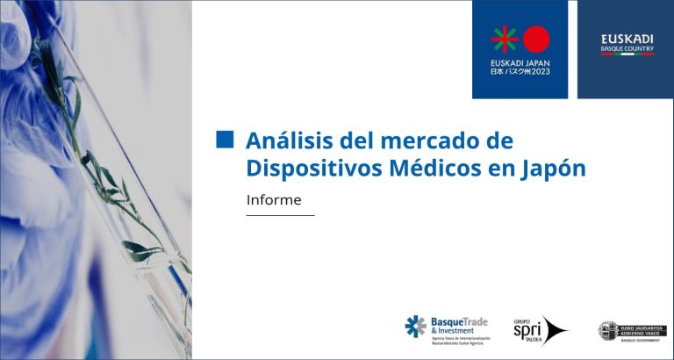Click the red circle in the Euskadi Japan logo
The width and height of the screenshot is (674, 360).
535,39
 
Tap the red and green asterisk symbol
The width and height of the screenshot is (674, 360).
505,39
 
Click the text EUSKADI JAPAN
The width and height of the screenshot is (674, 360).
520,62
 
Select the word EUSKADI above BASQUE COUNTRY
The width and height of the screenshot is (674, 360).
627,39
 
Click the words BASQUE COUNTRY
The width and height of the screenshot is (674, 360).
627,48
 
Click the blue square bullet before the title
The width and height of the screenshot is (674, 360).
226,140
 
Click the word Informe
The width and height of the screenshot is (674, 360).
274,199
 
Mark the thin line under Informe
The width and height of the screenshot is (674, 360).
280,215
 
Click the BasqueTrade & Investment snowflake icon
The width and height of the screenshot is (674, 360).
415,327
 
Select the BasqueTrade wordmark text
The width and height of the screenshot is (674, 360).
458,322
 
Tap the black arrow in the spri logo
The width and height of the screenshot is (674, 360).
554,330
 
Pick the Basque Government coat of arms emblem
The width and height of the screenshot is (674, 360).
607,330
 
